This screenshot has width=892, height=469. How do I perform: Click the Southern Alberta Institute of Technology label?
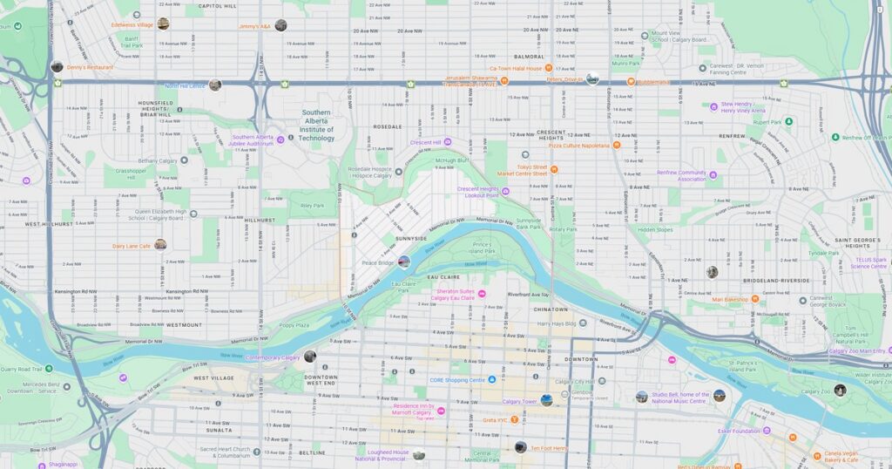click(316, 126)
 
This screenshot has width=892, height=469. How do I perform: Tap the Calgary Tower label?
click(519, 402)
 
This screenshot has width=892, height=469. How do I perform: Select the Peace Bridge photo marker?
click(403, 262)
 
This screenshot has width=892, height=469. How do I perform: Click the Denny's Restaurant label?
click(91, 67)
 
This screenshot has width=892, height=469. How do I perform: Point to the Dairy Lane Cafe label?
click(131, 246)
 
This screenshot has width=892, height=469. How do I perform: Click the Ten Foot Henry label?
click(550, 448)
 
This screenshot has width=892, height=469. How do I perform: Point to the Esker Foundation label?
click(740, 431)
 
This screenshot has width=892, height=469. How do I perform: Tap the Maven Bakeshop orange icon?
click(755, 299)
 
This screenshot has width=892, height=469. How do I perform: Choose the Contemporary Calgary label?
click(273, 357)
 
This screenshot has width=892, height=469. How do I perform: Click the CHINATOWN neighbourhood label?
click(551, 309)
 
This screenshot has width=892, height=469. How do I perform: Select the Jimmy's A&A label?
click(254, 26)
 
